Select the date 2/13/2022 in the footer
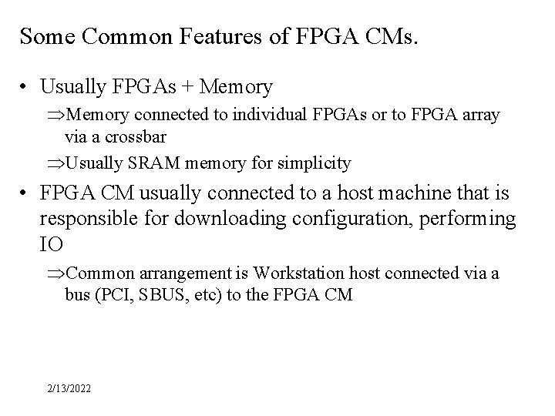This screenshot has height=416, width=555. (67, 390)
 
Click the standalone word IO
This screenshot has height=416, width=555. (50, 246)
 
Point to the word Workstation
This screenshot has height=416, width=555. (295, 273)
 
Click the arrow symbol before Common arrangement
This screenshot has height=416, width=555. (57, 273)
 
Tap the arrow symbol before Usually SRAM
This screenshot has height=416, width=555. (57, 163)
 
